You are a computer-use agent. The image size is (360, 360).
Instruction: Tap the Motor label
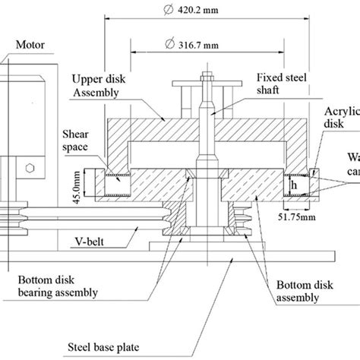point(38,46)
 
